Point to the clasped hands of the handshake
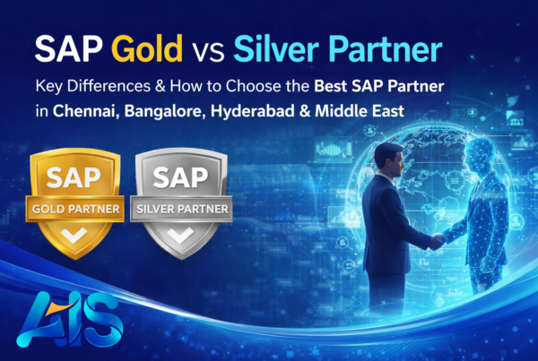pos(438,240)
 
